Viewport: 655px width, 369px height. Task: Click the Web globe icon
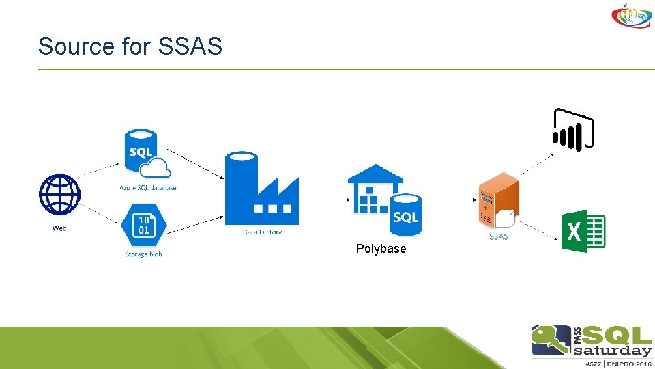[x=60, y=195]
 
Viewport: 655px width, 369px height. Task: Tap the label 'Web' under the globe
[x=60, y=228]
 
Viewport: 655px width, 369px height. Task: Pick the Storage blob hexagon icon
[x=143, y=225]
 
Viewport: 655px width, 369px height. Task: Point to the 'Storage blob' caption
[x=143, y=254]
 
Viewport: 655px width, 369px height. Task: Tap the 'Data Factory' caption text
[x=262, y=232]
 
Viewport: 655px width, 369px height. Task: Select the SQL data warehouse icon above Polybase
[x=385, y=198]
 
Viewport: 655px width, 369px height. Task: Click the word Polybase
[x=381, y=249]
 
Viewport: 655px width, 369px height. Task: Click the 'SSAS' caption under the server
[x=498, y=236]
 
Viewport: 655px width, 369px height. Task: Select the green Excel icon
[x=583, y=231]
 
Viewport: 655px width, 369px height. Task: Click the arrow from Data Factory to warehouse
[x=324, y=200]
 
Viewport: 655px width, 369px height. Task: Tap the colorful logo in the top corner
[x=632, y=16]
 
